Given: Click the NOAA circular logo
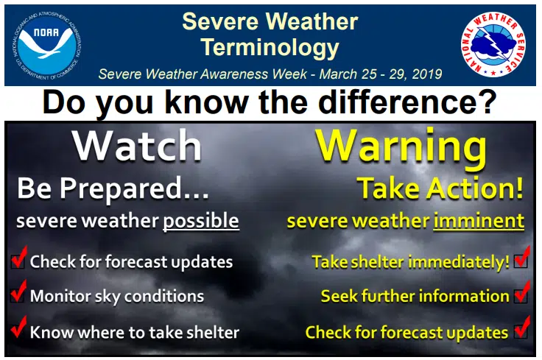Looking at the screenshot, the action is click(x=47, y=45).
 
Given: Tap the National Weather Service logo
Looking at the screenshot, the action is click(x=493, y=45).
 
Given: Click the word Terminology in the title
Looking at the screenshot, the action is click(x=270, y=47).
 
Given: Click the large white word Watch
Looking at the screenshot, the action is click(x=137, y=146).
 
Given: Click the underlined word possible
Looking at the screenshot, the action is click(x=201, y=221).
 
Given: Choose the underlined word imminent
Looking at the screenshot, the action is click(x=479, y=220).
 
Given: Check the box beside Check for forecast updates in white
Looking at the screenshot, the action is click(x=18, y=261).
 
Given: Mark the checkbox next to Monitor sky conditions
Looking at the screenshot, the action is click(x=17, y=296).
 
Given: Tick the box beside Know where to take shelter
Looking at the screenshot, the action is click(x=17, y=331).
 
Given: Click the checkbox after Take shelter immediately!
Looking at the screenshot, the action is click(x=521, y=261).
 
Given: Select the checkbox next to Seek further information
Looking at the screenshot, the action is click(x=521, y=296).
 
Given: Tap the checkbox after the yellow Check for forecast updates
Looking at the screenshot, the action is click(x=521, y=331).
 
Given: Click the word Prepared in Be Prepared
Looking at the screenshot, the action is click(x=120, y=189).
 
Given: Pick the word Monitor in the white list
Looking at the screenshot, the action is click(x=57, y=296).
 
